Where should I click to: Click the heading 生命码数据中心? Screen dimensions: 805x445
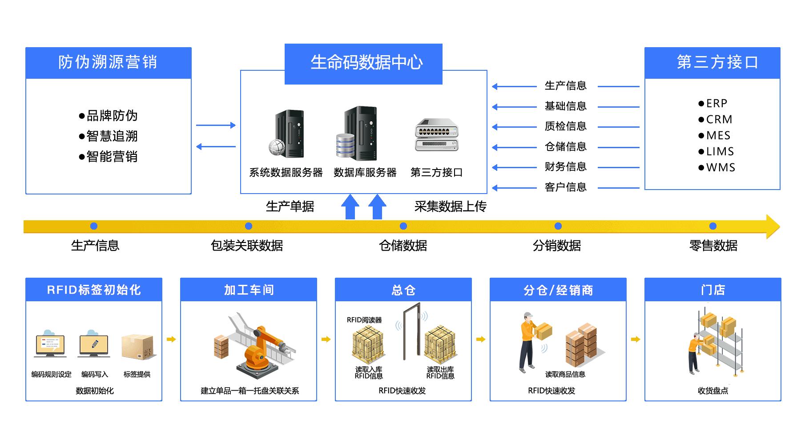coord(366,63)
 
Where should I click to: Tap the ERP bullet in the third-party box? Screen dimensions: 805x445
coord(713,104)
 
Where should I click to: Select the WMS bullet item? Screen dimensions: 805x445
coord(716,168)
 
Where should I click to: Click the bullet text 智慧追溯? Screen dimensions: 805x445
coord(108,136)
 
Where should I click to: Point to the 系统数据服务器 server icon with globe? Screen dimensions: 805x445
coord(286,134)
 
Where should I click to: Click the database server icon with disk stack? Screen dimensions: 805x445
coord(356,133)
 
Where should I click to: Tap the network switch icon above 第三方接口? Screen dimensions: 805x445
coord(436,135)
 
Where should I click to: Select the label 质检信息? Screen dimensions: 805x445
coord(566,126)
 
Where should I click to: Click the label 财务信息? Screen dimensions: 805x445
coord(566,167)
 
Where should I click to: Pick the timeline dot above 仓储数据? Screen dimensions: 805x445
coord(403,226)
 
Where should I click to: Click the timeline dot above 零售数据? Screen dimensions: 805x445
coord(713,226)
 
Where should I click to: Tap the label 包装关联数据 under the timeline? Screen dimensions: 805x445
coord(247,246)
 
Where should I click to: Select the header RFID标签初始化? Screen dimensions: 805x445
coord(94,290)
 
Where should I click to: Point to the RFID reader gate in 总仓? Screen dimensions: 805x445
coord(412,331)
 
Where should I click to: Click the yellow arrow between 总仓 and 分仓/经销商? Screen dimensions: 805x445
coord(481,340)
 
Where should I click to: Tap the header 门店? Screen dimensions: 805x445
coord(713,290)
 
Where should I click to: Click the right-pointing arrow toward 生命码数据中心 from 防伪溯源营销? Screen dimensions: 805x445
coord(216,125)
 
